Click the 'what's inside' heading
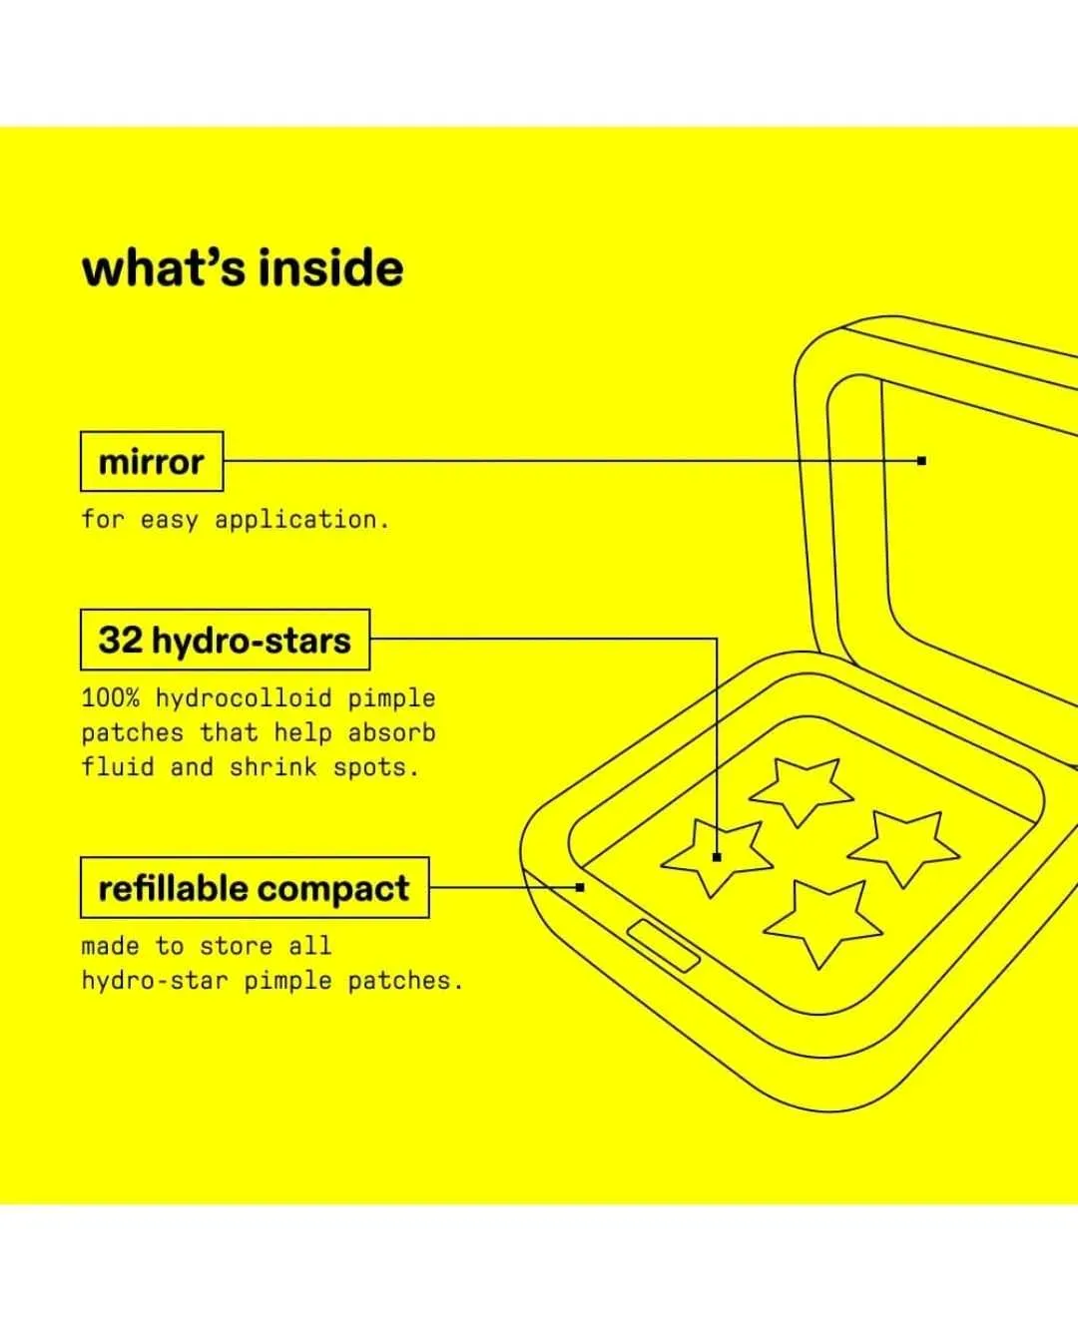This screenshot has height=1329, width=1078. pyautogui.click(x=243, y=268)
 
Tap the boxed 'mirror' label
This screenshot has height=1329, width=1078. pyautogui.click(x=152, y=461)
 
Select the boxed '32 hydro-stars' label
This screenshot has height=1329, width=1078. pyautogui.click(x=226, y=640)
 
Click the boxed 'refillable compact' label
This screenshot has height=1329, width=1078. pyautogui.click(x=255, y=887)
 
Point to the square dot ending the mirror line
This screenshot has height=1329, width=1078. pyautogui.click(x=921, y=461)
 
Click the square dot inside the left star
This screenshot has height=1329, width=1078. pyautogui.click(x=717, y=857)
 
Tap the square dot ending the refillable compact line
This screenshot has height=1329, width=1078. pyautogui.click(x=580, y=887)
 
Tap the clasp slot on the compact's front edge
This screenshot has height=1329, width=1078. pyautogui.click(x=663, y=946)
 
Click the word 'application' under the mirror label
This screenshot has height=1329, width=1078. pyautogui.click(x=302, y=520)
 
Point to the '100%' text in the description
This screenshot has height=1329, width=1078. pyautogui.click(x=111, y=697)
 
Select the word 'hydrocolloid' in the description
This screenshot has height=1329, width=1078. pyautogui.click(x=244, y=698)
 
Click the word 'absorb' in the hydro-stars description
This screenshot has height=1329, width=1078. pyautogui.click(x=391, y=732)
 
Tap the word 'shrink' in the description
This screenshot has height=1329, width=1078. pyautogui.click(x=273, y=767)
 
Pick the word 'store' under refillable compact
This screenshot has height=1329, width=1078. pyautogui.click(x=236, y=946)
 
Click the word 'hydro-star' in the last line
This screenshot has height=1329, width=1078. pyautogui.click(x=155, y=981)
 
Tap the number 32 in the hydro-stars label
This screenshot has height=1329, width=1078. pyautogui.click(x=120, y=640)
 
